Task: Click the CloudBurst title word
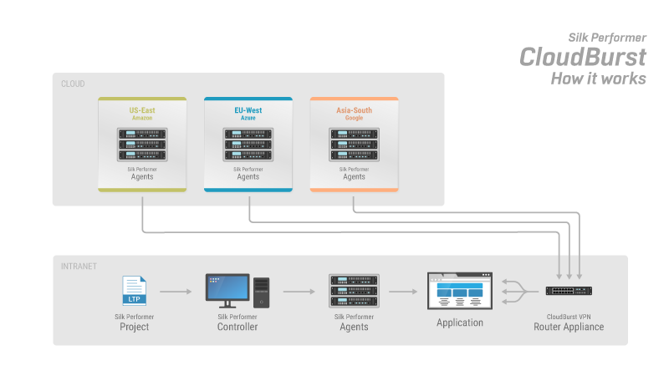(583, 57)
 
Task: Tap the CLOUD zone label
(73, 84)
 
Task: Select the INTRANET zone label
(79, 267)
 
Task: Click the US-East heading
(142, 110)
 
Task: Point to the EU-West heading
(248, 110)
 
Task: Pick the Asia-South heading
(354, 110)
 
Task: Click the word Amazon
(142, 119)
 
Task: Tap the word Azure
(248, 119)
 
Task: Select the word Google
(354, 119)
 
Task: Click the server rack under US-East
(142, 144)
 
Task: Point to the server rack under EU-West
(248, 144)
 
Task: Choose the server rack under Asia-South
(354, 144)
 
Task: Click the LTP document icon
(134, 291)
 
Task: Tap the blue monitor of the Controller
(227, 289)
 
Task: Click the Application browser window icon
(459, 291)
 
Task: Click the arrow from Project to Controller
(176, 292)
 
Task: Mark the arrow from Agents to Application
(403, 292)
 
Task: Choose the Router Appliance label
(569, 327)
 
